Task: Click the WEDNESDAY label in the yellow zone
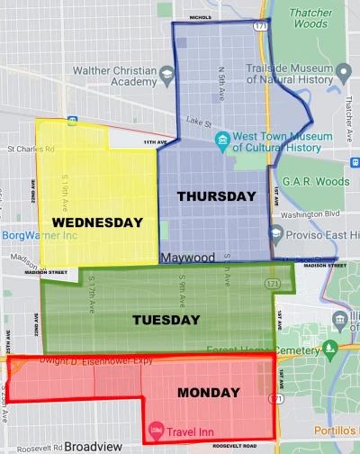(x=97, y=222)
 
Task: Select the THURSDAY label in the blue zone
(x=217, y=195)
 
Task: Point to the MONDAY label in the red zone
(x=208, y=393)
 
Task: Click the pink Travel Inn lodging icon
(x=155, y=426)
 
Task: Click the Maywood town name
(x=188, y=258)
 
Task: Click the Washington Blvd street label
(x=310, y=215)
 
